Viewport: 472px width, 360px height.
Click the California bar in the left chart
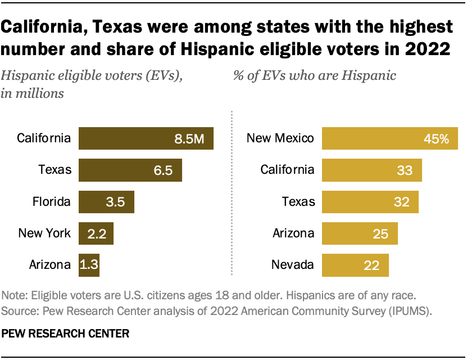(x=146, y=138)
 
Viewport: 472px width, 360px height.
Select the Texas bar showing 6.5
(x=130, y=170)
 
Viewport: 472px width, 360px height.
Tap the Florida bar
(x=106, y=201)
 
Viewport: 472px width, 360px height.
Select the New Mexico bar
(x=389, y=138)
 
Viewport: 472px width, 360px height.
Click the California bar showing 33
(x=371, y=170)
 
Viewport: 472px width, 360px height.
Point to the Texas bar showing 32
(x=370, y=201)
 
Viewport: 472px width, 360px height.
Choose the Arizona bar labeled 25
(x=360, y=233)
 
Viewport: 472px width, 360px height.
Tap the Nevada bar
(x=355, y=264)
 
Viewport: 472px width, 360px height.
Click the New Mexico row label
(x=280, y=138)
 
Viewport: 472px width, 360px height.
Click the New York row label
(x=44, y=233)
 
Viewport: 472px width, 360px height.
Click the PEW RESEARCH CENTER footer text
(x=66, y=334)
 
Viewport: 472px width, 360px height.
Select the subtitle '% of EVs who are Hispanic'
(x=314, y=75)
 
